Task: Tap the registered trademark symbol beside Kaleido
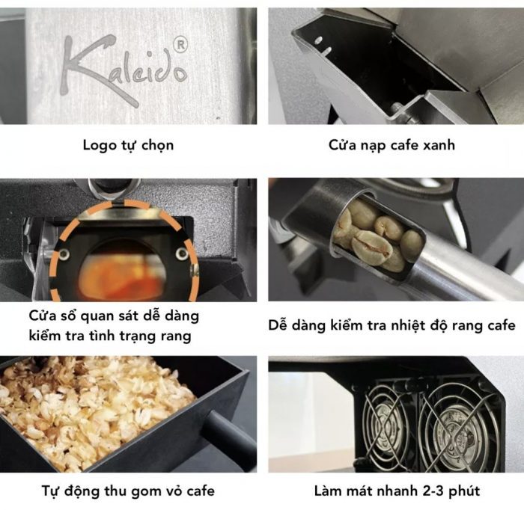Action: coord(181,45)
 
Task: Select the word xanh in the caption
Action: coord(439,145)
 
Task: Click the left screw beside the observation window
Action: coord(64,254)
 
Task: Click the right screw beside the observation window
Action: coord(182,254)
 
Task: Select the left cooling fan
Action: coord(388,428)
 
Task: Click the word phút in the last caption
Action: coord(464,491)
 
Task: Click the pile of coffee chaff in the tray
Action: coord(94,404)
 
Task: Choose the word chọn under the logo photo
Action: coord(157,146)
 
